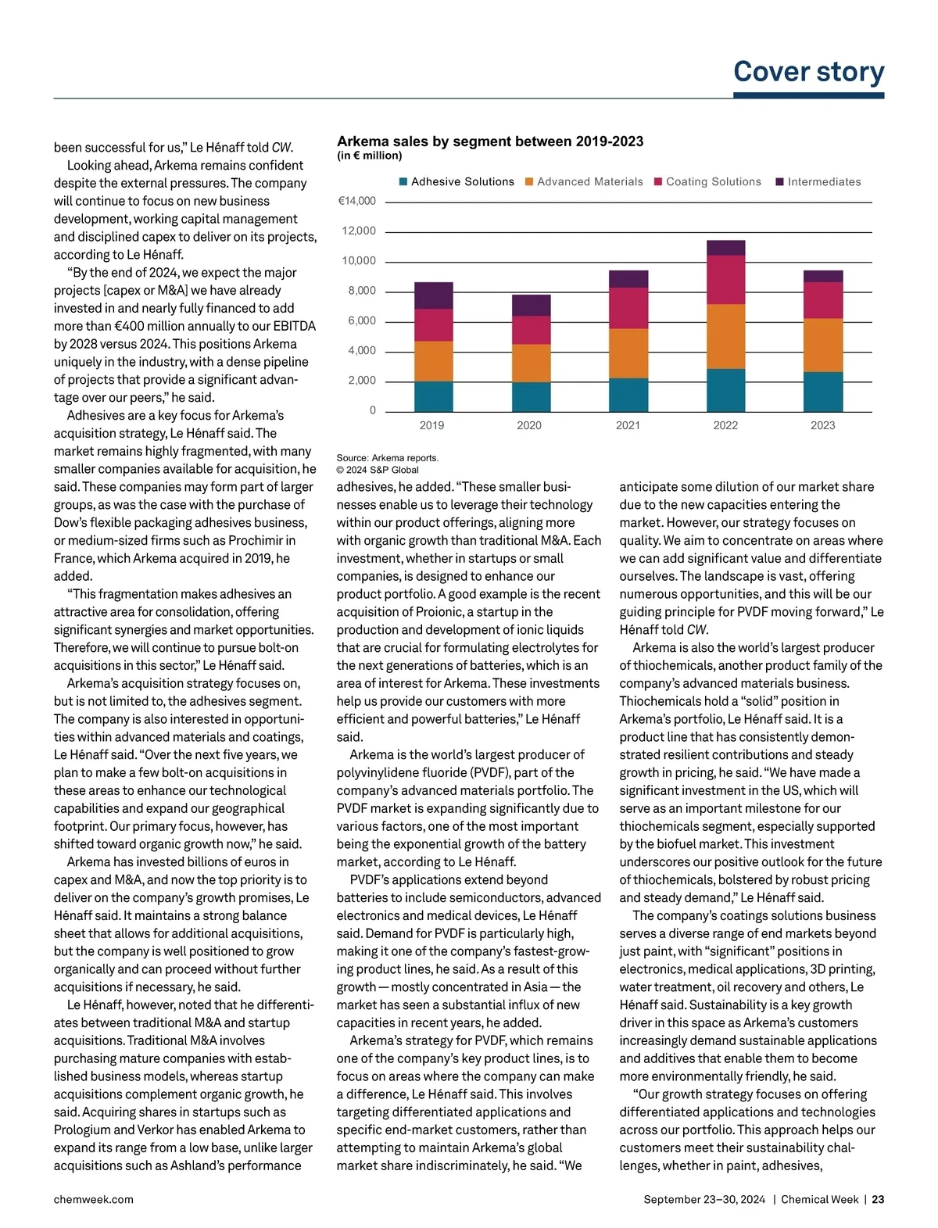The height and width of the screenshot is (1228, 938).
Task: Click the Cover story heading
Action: tap(808, 72)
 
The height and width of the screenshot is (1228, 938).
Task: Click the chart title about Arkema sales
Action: tap(490, 141)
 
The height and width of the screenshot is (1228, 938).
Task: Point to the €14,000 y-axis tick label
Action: tap(356, 201)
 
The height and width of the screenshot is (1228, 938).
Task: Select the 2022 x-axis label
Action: tap(725, 425)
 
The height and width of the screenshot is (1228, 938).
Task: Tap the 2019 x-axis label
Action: tap(431, 425)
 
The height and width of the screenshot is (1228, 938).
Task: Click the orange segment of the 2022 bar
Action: tap(725, 336)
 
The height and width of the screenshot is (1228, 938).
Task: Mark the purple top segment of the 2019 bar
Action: tap(433, 295)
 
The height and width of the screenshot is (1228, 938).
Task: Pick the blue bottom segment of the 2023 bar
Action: tap(823, 392)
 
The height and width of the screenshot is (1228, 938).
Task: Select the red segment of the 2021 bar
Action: tap(628, 308)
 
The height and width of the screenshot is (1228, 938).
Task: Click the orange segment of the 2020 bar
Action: tap(531, 363)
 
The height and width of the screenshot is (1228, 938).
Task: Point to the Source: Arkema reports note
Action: tap(388, 458)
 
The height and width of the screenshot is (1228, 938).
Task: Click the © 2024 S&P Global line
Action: tap(378, 471)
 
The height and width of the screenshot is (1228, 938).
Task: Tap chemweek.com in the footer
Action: tap(93, 1199)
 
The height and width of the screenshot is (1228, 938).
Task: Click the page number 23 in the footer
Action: tap(878, 1199)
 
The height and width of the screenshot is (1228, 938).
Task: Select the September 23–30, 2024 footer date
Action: tap(704, 1199)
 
